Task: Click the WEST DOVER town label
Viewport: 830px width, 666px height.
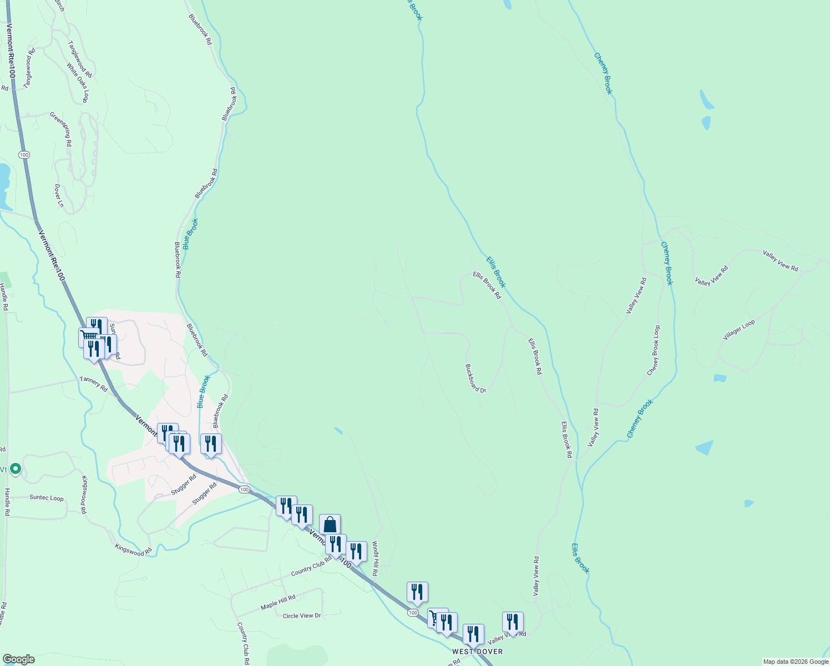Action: tap(477, 652)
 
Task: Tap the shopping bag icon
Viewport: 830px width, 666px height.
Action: tap(330, 524)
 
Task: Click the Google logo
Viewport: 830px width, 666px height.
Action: tap(18, 659)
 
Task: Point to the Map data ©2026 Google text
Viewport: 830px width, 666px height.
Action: tap(795, 662)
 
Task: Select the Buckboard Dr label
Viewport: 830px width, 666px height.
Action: tap(475, 378)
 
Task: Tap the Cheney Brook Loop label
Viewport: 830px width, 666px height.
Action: tap(654, 350)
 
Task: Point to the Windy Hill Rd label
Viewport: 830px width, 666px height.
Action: tap(376, 558)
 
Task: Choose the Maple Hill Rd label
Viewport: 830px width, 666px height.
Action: tap(278, 603)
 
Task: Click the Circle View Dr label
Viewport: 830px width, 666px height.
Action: tap(302, 616)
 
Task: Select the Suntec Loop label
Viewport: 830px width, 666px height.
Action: tap(47, 498)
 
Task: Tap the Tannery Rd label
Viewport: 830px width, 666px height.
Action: tap(93, 384)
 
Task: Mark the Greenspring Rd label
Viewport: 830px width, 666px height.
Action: tap(60, 129)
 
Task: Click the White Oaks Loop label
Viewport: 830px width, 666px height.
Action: tap(78, 83)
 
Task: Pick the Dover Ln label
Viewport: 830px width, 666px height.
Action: tap(59, 196)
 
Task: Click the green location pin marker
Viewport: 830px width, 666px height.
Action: tap(16, 469)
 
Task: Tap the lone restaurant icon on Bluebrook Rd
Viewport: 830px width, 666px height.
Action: tap(211, 444)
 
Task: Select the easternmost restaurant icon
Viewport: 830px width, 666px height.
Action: tap(513, 622)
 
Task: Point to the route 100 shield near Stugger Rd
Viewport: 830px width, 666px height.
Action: tap(244, 490)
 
